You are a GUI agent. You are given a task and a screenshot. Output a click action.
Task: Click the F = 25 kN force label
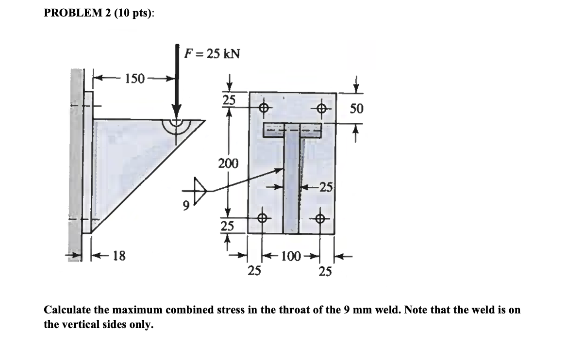coord(212,54)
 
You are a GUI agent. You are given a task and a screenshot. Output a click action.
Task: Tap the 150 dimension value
coord(134,78)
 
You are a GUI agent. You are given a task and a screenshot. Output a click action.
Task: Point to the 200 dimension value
coord(228,164)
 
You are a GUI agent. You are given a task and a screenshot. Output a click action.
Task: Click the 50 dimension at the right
coord(356,108)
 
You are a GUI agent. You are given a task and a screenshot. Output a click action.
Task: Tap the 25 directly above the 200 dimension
coord(228,99)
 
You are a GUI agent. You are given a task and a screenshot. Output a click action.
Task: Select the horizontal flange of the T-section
coord(292,130)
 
